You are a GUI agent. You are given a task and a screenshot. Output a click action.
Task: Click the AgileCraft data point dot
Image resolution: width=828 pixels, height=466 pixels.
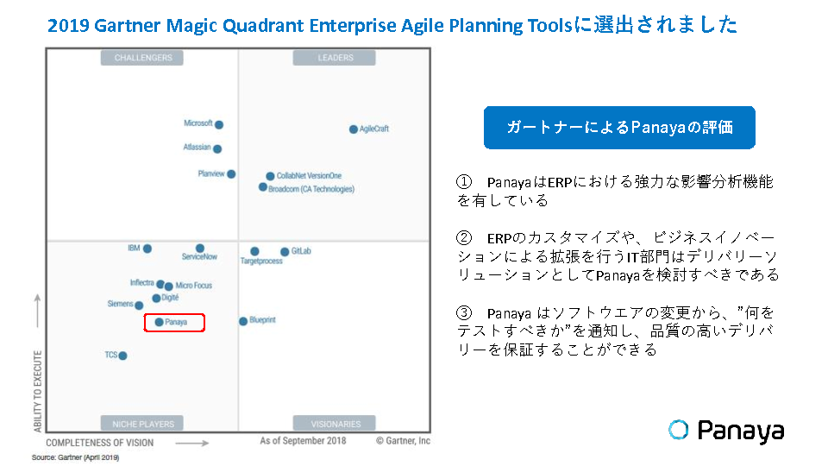coord(354,129)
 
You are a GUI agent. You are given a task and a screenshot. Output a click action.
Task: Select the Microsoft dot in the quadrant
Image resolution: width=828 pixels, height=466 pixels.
coord(219,124)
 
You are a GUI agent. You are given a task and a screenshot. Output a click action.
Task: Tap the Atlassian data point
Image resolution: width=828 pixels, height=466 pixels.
coord(217,149)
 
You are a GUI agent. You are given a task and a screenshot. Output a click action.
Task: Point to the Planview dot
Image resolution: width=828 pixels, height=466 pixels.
coord(231,173)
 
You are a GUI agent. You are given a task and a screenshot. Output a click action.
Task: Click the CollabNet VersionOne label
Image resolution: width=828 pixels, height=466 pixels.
coord(309,176)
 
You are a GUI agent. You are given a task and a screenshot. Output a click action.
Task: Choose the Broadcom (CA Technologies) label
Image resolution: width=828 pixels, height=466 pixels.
coord(311,189)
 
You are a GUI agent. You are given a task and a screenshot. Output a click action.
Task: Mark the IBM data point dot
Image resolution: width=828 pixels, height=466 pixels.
coord(147,249)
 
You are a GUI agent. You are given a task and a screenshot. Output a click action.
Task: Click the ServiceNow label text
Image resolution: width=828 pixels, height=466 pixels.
coord(199,257)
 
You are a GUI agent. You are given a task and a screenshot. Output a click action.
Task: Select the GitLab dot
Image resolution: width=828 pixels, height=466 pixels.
coord(285,251)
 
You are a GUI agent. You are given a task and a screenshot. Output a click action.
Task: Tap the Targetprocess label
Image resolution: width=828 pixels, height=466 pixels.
coord(261,261)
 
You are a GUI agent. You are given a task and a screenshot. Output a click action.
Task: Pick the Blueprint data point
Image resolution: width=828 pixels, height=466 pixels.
coord(243,321)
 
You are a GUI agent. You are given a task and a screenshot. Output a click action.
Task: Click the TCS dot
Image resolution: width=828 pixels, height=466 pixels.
coord(123,356)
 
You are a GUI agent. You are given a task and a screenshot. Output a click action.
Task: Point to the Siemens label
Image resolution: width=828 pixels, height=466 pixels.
coord(121,304)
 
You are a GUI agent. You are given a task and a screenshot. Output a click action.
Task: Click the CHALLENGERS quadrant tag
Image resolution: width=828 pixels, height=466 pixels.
coord(142,58)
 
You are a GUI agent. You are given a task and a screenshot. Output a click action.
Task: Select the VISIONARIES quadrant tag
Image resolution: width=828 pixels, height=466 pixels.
coord(335,424)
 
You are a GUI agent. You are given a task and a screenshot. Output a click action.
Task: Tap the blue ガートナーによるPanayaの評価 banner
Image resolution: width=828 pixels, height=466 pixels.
coord(619,128)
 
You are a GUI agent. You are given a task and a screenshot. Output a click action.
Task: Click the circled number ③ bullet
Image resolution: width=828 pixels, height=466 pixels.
coord(464,312)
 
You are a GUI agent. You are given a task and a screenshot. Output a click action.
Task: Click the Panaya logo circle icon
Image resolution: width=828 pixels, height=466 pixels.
coord(679,430)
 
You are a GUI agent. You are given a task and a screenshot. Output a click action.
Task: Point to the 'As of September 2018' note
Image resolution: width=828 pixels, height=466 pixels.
coord(303,441)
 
